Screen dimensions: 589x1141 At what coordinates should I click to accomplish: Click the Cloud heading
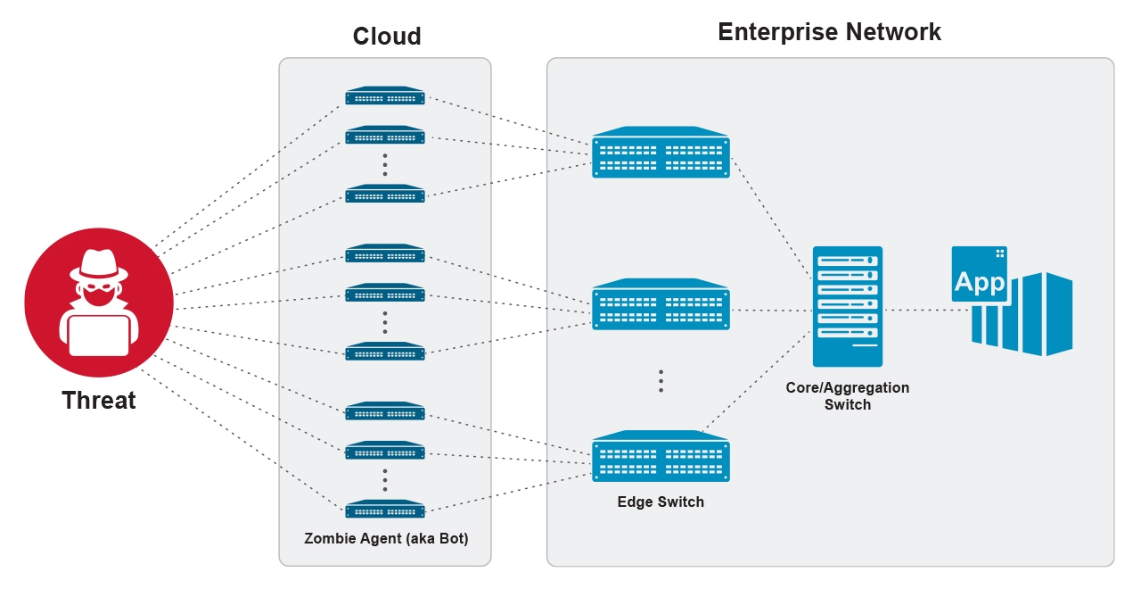tap(387, 37)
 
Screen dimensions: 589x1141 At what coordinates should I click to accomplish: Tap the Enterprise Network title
tap(829, 32)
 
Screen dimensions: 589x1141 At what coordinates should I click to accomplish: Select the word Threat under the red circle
tap(99, 401)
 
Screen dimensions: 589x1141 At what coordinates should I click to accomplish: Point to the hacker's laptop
tap(99, 335)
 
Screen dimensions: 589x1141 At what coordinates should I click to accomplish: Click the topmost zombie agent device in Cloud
tap(385, 96)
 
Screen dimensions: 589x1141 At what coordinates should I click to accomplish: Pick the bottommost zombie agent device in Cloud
tap(385, 510)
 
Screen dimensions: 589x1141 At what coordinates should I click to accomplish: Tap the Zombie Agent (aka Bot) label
tap(385, 539)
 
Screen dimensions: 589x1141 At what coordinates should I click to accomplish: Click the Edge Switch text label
tap(661, 502)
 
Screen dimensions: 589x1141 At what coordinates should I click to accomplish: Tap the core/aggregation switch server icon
tap(848, 306)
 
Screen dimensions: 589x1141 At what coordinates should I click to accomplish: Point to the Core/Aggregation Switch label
tap(848, 396)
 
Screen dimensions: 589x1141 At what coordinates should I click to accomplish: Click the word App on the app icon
tap(979, 283)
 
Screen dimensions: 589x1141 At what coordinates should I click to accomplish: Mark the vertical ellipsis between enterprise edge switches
tap(661, 381)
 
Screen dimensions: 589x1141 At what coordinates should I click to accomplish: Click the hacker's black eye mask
tap(98, 289)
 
